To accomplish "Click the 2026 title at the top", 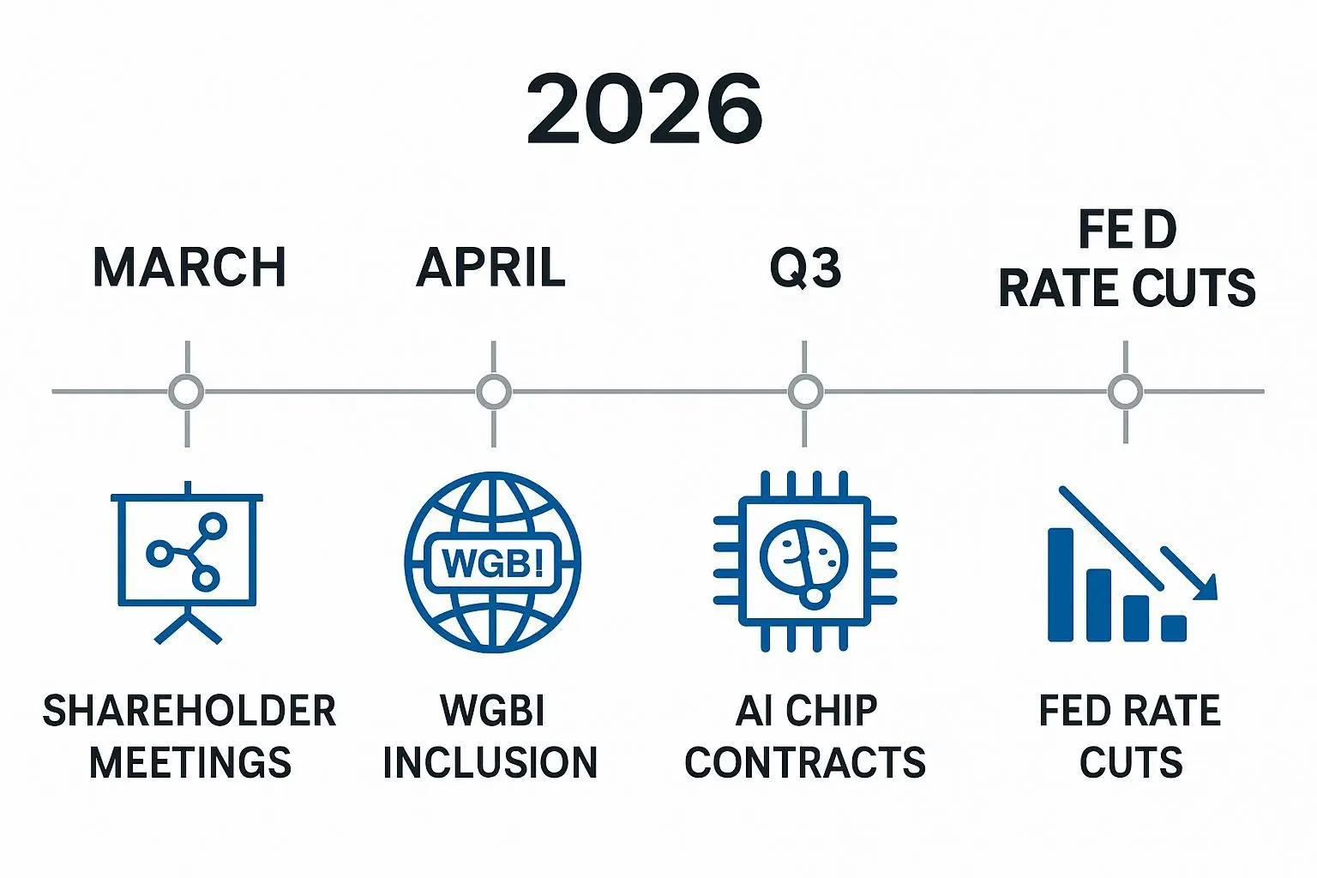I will tap(645, 109).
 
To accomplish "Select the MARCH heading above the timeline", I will tap(189, 267).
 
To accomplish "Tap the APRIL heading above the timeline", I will tap(491, 267).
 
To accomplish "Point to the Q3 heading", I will tap(805, 268).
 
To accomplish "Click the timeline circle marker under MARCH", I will tap(187, 392).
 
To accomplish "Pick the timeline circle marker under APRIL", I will tap(493, 392).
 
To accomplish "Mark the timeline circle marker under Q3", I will tap(804, 392).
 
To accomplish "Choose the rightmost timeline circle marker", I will tap(1125, 392).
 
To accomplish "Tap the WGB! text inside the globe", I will tap(492, 562).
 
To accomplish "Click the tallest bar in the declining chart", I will tap(1061, 584).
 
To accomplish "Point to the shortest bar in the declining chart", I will tap(1174, 628).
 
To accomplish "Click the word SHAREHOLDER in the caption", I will tap(189, 711).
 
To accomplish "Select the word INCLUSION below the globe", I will tap(490, 762).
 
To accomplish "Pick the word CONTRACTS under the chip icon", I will tap(805, 762).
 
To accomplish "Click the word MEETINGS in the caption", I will tap(190, 762).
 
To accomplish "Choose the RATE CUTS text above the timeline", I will tap(1127, 288).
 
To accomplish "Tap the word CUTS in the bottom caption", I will tap(1131, 762).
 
